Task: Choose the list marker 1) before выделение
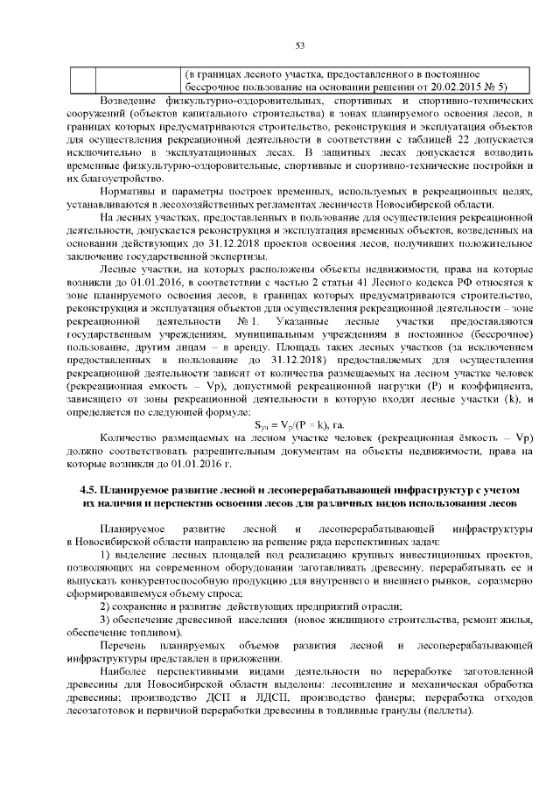106,556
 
